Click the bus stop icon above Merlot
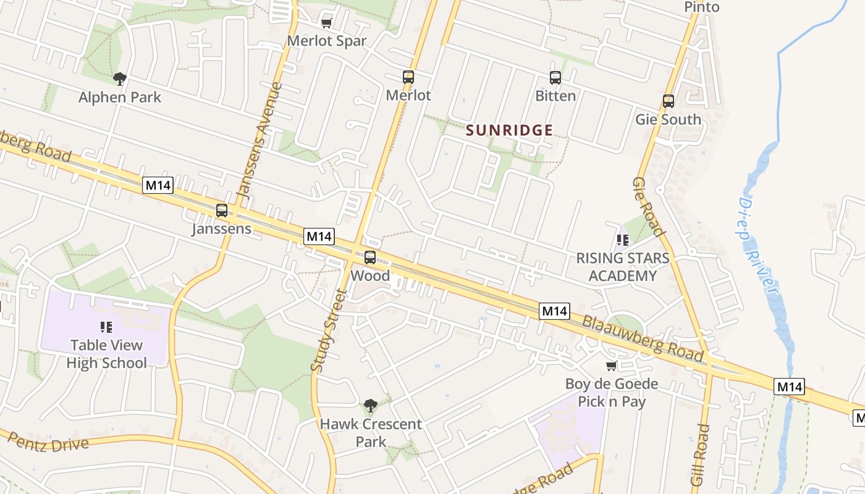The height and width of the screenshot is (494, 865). pyautogui.click(x=408, y=77)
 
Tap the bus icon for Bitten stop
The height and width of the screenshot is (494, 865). pyautogui.click(x=555, y=78)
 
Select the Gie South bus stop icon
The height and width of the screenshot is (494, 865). pyautogui.click(x=669, y=101)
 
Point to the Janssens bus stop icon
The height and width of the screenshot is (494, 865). pyautogui.click(x=222, y=211)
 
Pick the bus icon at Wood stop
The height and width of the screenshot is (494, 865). pyautogui.click(x=370, y=257)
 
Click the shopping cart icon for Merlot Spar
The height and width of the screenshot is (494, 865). pyautogui.click(x=327, y=23)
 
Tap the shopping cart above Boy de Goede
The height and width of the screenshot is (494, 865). pyautogui.click(x=612, y=366)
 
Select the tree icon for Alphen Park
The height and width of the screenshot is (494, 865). pyautogui.click(x=120, y=78)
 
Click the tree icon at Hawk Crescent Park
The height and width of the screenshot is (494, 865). pyautogui.click(x=371, y=406)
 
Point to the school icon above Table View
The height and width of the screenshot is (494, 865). pyautogui.click(x=106, y=327)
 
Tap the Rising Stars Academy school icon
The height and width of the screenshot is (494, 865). pyautogui.click(x=622, y=240)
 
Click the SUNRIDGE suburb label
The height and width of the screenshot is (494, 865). pyautogui.click(x=509, y=130)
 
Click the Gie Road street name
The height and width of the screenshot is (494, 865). pyautogui.click(x=648, y=207)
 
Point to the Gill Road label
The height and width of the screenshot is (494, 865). pyautogui.click(x=701, y=454)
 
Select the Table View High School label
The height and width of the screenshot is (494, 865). pyautogui.click(x=106, y=354)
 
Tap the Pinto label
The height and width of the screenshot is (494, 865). pyautogui.click(x=702, y=7)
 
